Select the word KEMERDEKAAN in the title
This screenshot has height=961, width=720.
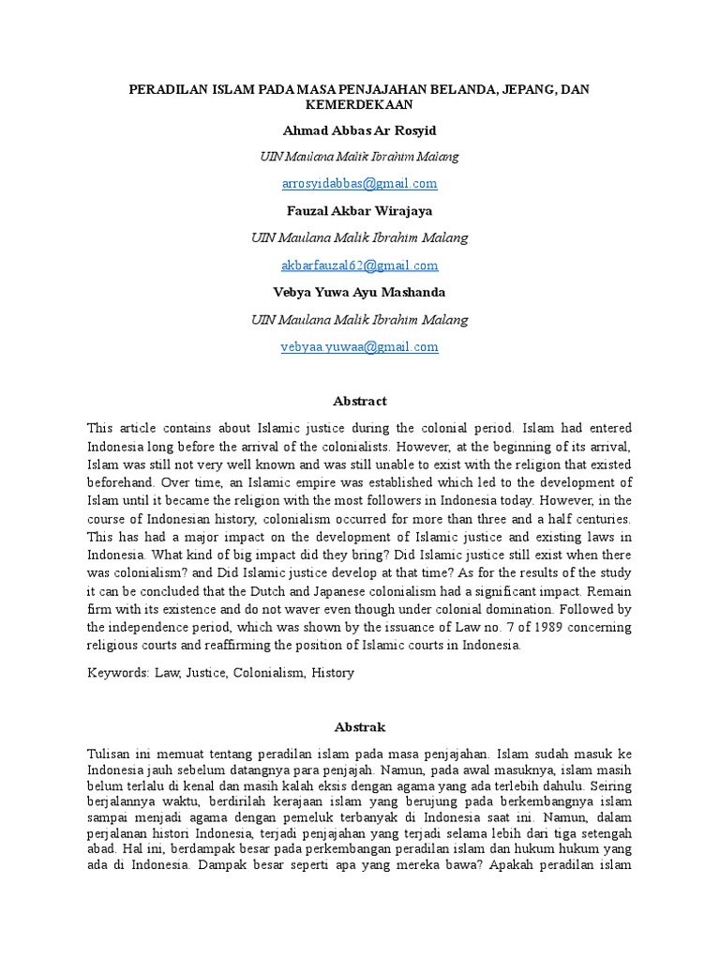(x=359, y=104)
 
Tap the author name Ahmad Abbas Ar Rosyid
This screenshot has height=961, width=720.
(x=360, y=130)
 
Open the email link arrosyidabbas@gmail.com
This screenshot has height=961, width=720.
(x=360, y=183)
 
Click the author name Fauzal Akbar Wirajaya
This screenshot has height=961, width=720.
(x=360, y=210)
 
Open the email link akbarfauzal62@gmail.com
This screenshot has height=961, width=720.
(x=360, y=266)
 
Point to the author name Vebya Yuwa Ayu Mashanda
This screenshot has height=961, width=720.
(x=360, y=293)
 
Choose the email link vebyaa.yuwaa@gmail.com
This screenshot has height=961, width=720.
(x=360, y=347)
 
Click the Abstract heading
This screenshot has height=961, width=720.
(x=360, y=401)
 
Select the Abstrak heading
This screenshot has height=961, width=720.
(x=360, y=727)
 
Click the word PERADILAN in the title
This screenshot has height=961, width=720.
(x=163, y=88)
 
